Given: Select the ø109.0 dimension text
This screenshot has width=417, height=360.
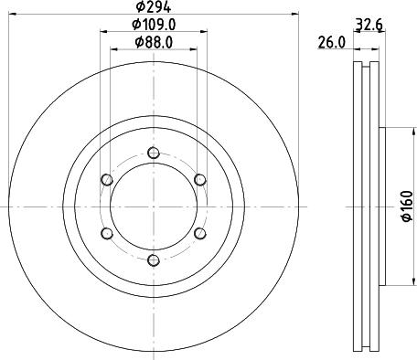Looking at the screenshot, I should click(x=153, y=24).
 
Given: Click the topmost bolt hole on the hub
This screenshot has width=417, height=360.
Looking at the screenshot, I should click(x=153, y=153).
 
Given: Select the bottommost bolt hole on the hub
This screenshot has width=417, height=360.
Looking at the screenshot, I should click(x=153, y=261).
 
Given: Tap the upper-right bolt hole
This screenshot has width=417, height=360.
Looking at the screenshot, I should click(x=199, y=179).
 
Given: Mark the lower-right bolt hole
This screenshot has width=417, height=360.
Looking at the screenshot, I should click(x=199, y=234).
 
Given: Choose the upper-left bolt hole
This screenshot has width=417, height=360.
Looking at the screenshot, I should click(x=106, y=179).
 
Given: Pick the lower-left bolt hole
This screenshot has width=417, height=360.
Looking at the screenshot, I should click(x=106, y=234).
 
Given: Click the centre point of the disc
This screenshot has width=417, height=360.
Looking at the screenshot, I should click(x=153, y=206).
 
